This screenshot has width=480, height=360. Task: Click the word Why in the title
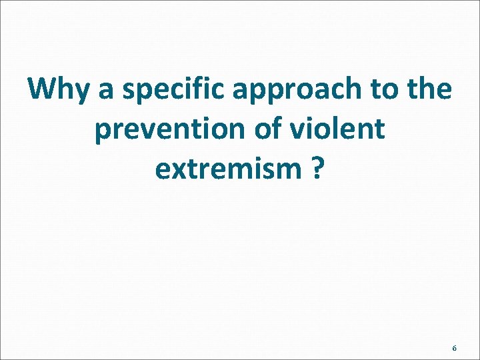pos(58,89)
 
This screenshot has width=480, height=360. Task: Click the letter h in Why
pos(66,88)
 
